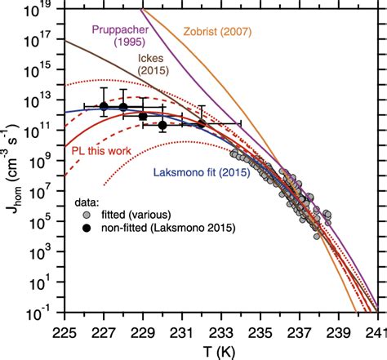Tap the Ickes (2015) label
pos(146,77)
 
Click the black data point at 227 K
pos(104,106)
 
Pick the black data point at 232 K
pos(201,124)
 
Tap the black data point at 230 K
pos(162,125)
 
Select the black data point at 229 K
pos(143,116)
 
